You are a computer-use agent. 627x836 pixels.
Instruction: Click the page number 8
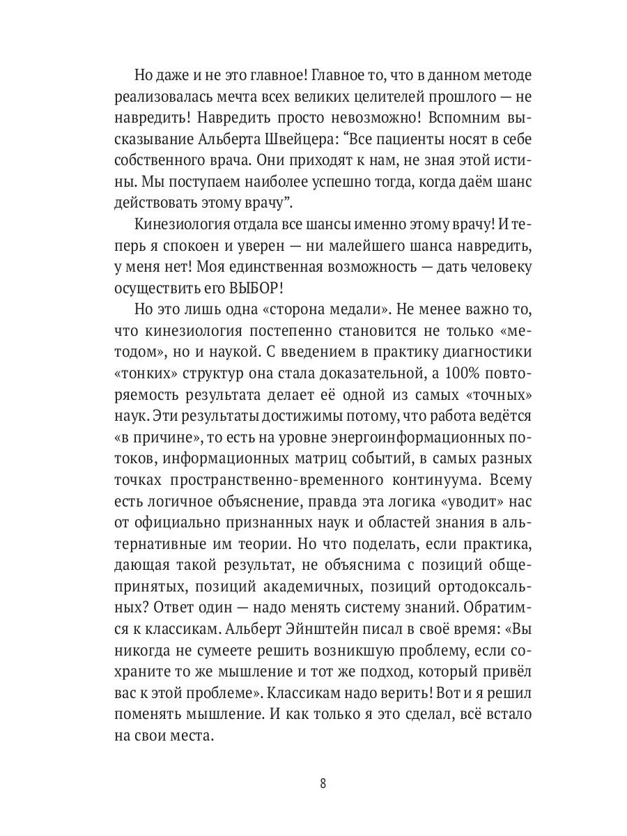[323, 782]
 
